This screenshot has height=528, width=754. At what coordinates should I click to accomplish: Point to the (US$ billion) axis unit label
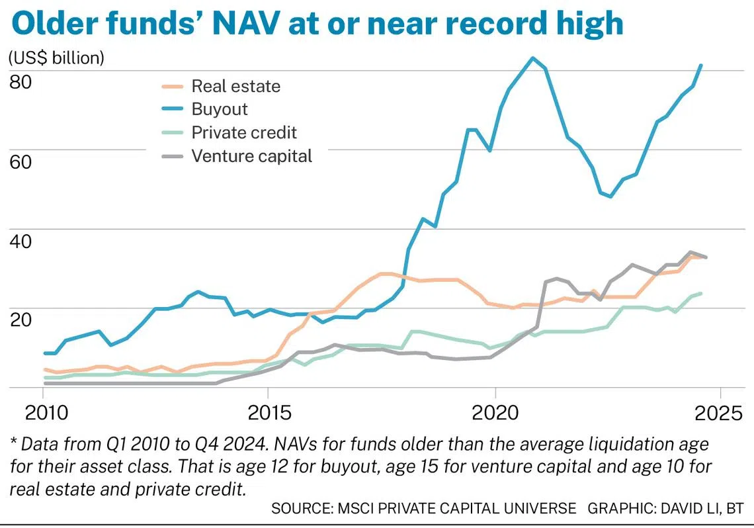coord(56,58)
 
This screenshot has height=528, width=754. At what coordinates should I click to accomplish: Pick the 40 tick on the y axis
coord(21,240)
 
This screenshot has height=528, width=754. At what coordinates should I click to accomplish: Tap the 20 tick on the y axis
coord(21,318)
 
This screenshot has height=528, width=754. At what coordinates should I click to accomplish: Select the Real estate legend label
coord(235,86)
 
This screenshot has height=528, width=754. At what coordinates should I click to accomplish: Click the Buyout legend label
coord(220,109)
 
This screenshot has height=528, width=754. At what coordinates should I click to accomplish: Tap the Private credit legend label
coord(244,132)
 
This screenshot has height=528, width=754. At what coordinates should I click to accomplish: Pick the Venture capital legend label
coord(251,156)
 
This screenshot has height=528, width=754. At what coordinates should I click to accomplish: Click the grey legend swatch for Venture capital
coord(173,156)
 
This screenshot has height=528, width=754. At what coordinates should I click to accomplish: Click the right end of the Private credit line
coord(701,293)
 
